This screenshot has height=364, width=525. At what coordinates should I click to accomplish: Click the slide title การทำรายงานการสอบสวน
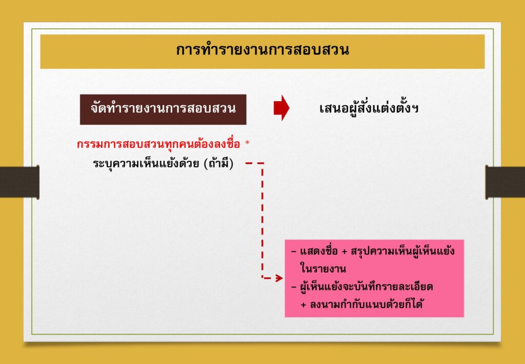click(262, 50)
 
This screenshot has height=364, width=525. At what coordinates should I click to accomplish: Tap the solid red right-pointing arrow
click(281, 108)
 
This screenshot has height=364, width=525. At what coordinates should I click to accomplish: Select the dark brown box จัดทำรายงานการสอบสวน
click(163, 109)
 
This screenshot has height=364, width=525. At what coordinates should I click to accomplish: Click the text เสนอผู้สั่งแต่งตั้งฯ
click(369, 108)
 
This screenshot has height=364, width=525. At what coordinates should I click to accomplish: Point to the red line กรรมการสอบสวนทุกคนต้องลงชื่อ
click(158, 144)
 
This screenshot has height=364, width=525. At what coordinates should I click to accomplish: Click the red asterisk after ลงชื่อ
click(248, 143)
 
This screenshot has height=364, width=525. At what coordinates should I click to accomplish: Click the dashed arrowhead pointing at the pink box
click(279, 278)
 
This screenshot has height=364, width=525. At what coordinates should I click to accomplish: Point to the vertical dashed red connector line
click(262, 220)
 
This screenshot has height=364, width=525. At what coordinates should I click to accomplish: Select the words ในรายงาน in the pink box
click(323, 269)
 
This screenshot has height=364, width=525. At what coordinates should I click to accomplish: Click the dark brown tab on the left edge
click(19, 182)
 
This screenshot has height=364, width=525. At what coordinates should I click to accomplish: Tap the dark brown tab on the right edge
click(505, 182)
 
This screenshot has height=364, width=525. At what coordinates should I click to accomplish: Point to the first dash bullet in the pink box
click(294, 252)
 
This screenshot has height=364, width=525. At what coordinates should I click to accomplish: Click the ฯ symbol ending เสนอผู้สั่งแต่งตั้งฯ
click(415, 109)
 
